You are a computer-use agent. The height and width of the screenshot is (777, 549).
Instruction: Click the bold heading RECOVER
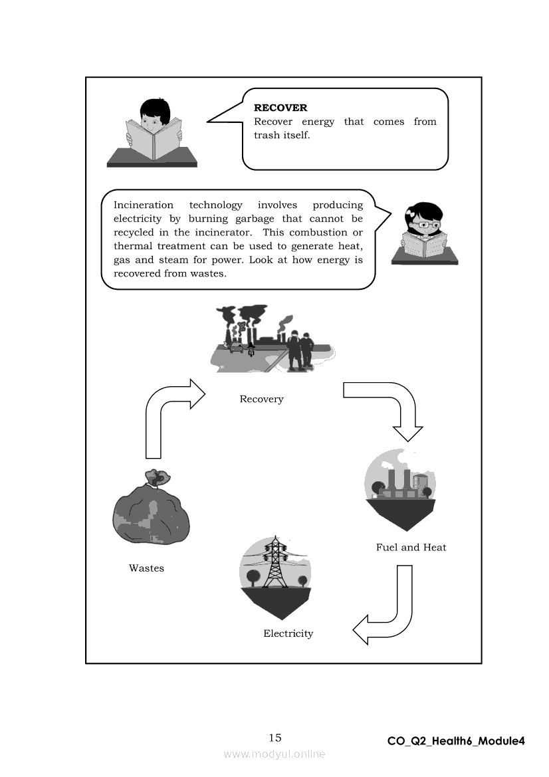click(280, 108)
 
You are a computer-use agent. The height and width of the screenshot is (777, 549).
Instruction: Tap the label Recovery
click(261, 399)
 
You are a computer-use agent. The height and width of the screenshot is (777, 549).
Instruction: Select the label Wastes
click(146, 568)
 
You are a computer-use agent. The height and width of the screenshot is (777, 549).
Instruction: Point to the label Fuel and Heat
click(411, 548)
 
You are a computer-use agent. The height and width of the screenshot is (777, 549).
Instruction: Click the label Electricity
click(288, 633)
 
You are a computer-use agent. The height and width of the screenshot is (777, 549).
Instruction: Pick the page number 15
click(275, 737)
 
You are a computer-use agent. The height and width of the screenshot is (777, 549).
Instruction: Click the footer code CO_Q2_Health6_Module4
click(456, 741)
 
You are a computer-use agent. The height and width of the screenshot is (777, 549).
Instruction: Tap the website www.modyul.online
click(274, 754)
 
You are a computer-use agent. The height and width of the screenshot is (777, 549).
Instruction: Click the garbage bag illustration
click(151, 509)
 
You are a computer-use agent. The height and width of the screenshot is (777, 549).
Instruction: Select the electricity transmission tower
click(275, 564)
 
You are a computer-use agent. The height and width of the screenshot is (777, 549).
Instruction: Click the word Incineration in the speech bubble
click(143, 205)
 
